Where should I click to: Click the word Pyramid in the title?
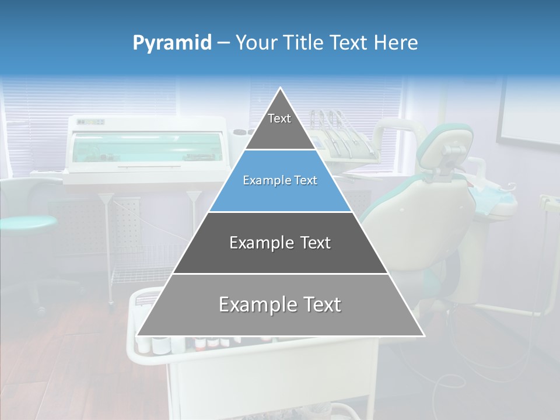[x=172, y=43]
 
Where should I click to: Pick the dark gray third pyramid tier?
[x=280, y=243]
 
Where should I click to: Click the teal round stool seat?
[x=26, y=222]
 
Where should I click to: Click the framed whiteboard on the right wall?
[x=528, y=114]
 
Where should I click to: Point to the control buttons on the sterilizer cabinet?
[x=90, y=122]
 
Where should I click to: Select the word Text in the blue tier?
[x=306, y=181]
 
